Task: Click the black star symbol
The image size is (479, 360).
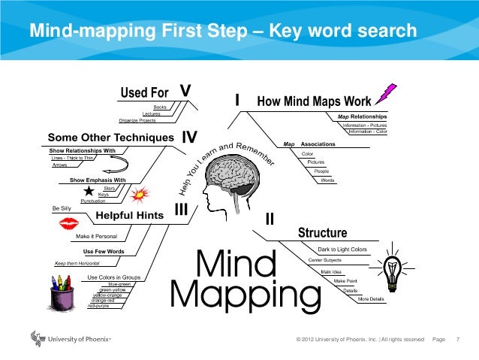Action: coord(89,192)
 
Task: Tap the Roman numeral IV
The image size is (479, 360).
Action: coord(189,138)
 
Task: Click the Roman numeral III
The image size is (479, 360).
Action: coord(181,213)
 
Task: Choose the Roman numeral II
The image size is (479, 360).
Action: coord(270,218)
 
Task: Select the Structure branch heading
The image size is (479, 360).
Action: coord(322,232)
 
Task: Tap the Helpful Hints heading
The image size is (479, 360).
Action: coord(130,216)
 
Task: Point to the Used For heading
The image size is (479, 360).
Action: coord(144,93)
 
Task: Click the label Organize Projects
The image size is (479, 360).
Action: coord(137,120)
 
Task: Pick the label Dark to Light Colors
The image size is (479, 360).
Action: coord(342,250)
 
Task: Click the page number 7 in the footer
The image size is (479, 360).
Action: coord(458,340)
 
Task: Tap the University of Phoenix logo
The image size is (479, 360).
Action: coord(71,339)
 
